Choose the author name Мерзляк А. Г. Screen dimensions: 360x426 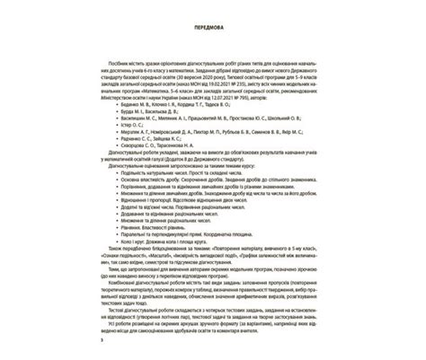tap(136, 142)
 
